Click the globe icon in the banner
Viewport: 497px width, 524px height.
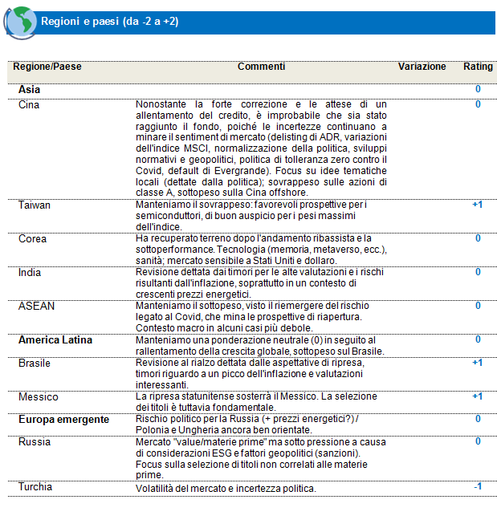pos(20,22)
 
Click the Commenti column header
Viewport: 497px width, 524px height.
pos(261,67)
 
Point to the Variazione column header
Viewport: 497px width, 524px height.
pos(422,67)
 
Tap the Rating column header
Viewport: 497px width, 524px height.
pos(478,67)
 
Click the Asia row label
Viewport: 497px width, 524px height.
pos(30,90)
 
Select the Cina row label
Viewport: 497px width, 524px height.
pos(29,104)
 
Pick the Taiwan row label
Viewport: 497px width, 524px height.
pos(35,205)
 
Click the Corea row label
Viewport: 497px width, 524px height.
pos(32,239)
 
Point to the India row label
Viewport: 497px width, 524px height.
pos(30,273)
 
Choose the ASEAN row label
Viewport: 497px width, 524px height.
pos(35,306)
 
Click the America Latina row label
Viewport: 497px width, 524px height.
pos(55,340)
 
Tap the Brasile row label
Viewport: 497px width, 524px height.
pos(35,363)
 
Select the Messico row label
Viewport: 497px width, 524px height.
pos(37,396)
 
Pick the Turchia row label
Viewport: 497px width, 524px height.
pos(36,487)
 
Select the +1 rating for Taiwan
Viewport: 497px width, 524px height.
pos(477,205)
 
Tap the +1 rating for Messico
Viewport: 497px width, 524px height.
pos(477,396)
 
